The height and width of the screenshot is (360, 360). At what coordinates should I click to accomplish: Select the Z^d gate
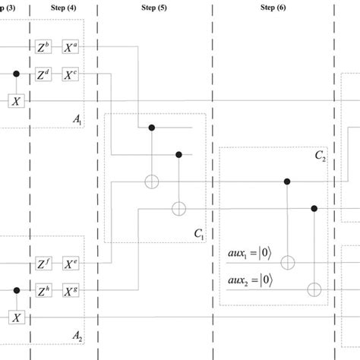coord(44,74)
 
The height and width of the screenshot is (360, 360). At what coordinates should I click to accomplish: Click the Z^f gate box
coord(44,264)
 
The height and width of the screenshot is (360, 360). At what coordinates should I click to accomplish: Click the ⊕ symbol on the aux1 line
coord(286,263)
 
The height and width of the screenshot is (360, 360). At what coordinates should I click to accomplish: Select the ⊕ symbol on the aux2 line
coord(314,289)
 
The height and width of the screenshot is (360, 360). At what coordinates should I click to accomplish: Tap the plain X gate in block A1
coord(17,100)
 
